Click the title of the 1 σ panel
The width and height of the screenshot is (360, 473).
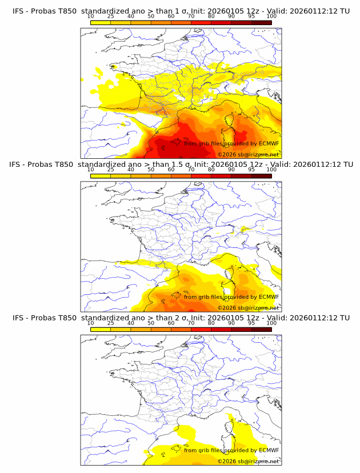(180, 11)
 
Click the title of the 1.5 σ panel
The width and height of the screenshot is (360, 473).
(180, 164)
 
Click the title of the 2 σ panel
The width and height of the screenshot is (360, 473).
(180, 318)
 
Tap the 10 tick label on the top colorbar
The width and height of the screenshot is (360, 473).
(90, 17)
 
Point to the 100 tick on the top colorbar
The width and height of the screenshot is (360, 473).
(271, 17)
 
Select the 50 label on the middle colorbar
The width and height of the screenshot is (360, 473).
(151, 170)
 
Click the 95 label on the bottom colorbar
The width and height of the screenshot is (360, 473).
(251, 323)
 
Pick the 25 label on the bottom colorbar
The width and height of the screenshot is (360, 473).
(110, 323)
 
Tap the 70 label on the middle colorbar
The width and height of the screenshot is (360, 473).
(191, 170)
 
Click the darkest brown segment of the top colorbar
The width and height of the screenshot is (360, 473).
(261, 22)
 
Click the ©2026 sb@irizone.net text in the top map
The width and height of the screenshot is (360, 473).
(248, 155)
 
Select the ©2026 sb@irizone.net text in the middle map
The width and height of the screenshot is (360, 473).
(248, 308)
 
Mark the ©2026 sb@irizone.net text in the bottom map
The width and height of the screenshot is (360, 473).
(248, 462)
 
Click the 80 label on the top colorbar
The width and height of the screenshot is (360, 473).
(211, 17)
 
